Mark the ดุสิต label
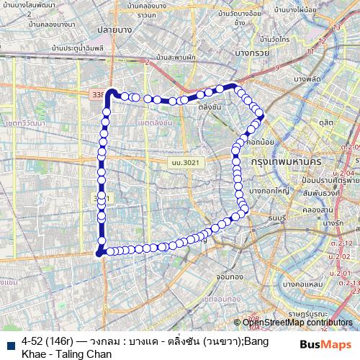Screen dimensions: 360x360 [x=328, y=124]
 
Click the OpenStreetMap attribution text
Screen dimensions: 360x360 [x=297, y=322]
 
